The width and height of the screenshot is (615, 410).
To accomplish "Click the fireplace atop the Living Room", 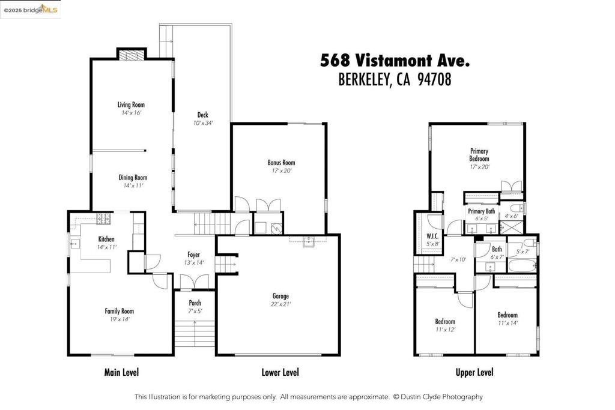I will point(131,55).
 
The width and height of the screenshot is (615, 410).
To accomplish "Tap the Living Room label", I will point(131,105).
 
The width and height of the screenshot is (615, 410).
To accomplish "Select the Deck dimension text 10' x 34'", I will point(203,122).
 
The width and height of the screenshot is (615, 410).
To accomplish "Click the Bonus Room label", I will point(281,163).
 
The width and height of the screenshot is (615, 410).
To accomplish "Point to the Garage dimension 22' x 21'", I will point(280,304).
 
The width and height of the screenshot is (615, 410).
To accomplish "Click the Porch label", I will point(195,303).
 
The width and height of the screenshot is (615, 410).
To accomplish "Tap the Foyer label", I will point(193,255).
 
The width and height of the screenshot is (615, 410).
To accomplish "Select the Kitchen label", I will point(106,240).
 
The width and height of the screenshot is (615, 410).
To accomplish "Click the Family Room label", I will point(119,311).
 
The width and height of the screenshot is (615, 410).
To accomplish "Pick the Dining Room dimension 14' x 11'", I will point(133,185).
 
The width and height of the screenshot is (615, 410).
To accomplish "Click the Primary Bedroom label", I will point(479,155).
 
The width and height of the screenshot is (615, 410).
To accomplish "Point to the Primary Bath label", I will point(481,211).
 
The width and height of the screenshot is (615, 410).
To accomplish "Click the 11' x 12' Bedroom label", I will point(445,322).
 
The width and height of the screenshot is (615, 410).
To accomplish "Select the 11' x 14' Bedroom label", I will point(507,315).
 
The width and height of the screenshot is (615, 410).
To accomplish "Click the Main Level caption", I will point(121,372).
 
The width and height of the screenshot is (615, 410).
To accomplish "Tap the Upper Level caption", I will point(474,372).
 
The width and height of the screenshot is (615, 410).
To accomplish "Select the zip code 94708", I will point(430,79).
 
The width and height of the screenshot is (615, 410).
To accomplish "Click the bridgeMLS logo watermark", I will point(31,9).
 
